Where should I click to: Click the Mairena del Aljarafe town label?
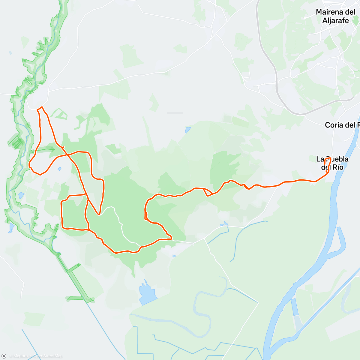[x=335, y=16]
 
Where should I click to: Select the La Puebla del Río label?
[x=332, y=163]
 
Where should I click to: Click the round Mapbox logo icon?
[x=4, y=356]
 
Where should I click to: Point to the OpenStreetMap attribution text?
[x=48, y=356]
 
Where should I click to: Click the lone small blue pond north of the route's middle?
[x=188, y=130]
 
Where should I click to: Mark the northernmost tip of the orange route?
[x=42, y=107]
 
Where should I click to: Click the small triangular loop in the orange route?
[x=207, y=192]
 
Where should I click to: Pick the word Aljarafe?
[x=335, y=21]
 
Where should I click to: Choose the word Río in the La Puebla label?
[x=337, y=167]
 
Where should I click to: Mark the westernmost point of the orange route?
[x=29, y=164]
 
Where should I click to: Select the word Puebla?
[x=336, y=159]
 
